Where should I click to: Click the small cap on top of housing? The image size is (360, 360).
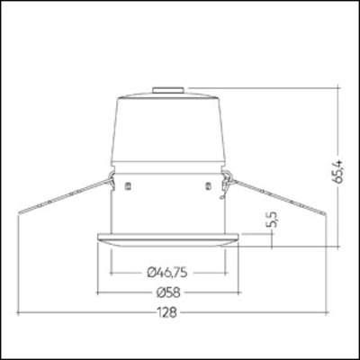pos(168,89)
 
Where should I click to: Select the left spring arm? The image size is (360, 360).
pos(63,193)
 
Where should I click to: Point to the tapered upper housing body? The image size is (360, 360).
pos(168,130)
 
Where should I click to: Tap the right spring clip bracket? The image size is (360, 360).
pos(227,177)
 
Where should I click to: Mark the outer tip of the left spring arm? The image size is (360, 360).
pos(18,211)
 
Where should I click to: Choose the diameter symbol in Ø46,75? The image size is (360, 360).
pos(148,270)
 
